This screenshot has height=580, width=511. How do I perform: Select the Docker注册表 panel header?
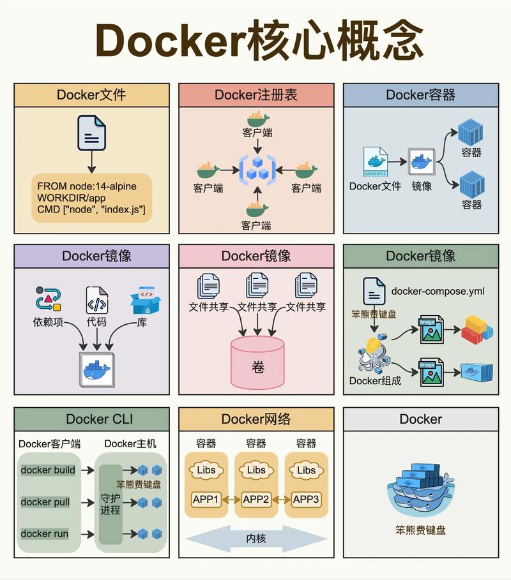[256, 95]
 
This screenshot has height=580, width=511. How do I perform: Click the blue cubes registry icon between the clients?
[257, 170]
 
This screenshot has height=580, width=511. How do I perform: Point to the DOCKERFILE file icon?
[376, 162]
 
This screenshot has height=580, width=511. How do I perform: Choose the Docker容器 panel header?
[420, 95]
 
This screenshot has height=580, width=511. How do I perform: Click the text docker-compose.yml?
[438, 291]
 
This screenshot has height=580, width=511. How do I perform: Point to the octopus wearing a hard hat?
[373, 355]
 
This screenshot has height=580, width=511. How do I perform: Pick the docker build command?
[48, 470]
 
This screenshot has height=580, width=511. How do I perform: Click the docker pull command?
[45, 502]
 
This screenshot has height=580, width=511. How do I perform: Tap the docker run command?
[45, 533]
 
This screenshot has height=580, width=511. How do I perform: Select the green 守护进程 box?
[110, 503]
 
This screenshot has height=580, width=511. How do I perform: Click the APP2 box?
[256, 499]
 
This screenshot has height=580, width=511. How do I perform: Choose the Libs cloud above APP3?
[306, 470]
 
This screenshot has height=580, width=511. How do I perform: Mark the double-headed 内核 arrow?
[256, 539]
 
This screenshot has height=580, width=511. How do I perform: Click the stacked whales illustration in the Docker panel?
[420, 489]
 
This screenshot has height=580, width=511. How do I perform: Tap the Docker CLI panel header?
[92, 419]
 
